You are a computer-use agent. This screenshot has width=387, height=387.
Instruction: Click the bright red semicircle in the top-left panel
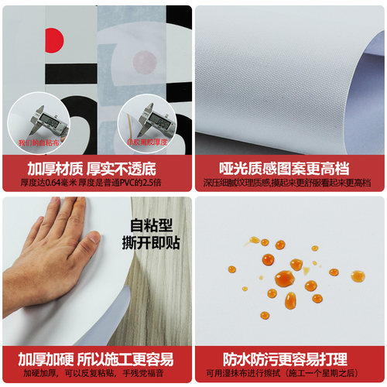[x=54, y=35]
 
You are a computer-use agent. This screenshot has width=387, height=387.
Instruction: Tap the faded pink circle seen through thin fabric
[x=145, y=60]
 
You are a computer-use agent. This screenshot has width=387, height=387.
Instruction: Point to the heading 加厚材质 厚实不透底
[x=91, y=169]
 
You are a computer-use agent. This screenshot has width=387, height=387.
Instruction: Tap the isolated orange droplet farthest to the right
[x=357, y=276]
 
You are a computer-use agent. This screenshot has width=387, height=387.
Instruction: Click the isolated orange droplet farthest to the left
[x=232, y=269]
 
